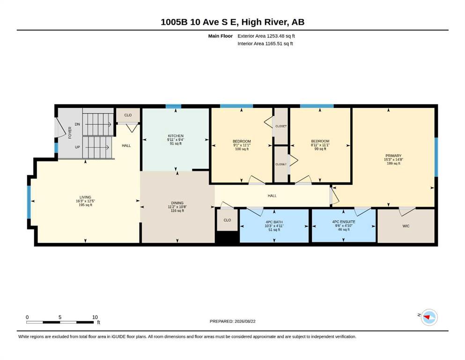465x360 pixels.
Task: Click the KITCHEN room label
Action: click(176, 136)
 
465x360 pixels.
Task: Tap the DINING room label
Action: click(177, 203)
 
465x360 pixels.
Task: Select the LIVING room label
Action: click(85, 197)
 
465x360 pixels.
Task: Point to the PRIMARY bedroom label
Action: click(393, 156)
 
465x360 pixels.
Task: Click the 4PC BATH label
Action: click(274, 222)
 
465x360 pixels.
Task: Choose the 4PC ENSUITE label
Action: click(344, 222)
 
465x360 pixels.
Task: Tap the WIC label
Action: click(406, 226)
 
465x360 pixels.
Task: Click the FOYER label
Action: click(70, 133)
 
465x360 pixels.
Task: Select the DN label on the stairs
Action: click(77, 124)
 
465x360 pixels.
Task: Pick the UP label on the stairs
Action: click(77, 147)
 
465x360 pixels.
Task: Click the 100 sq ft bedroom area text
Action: click(242, 149)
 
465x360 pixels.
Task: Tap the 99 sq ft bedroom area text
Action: click(320, 149)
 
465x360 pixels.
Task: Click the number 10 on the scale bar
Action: click(95, 317)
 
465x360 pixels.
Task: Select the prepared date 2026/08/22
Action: click(245, 321)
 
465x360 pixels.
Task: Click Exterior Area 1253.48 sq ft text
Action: click(266, 36)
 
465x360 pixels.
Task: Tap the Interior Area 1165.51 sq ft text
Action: click(265, 44)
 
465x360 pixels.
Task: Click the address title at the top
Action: click(232, 22)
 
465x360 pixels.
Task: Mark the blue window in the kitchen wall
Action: click(173, 106)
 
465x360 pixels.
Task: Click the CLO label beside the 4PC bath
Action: click(227, 220)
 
